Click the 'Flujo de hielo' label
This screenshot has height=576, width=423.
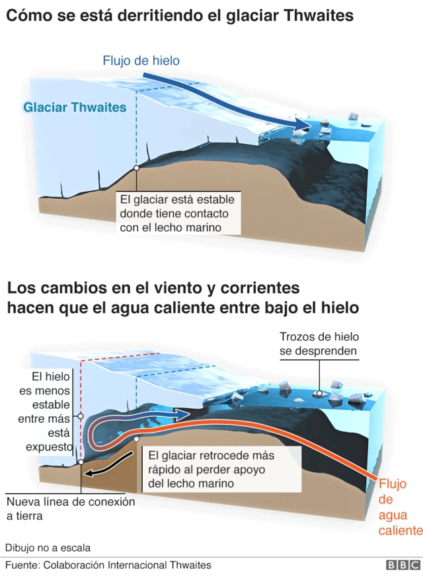[x=141, y=61]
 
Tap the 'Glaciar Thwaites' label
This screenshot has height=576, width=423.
[x=75, y=107]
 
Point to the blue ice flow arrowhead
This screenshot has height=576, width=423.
[x=303, y=126]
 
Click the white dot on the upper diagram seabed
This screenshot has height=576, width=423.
[x=135, y=168]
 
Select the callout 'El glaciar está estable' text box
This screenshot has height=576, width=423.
[x=176, y=213]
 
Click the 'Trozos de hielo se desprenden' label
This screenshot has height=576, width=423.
[x=319, y=343]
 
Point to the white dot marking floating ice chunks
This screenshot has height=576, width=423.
[x=319, y=393]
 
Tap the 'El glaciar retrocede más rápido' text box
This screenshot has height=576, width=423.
[x=210, y=470]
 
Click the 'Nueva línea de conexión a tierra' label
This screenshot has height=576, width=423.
[x=71, y=509]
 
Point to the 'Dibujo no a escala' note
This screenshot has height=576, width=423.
[x=48, y=548]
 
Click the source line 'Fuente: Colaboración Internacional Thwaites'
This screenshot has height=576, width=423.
[x=108, y=565]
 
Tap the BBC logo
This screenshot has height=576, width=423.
[x=403, y=565]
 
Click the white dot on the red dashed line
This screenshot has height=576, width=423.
[x=81, y=416]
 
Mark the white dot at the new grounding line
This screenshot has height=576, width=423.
[x=81, y=462]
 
